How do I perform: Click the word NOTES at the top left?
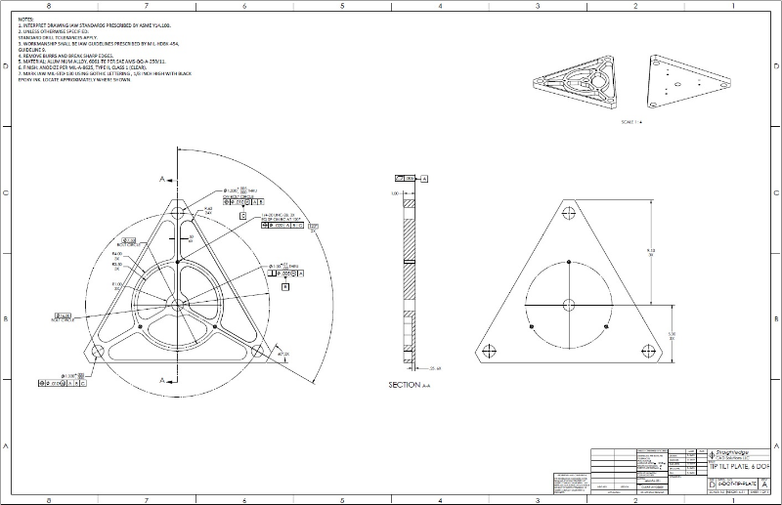[x=26, y=18]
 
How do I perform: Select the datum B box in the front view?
[x=284, y=288]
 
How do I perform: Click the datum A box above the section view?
[x=425, y=179]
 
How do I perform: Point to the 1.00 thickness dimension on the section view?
[x=396, y=193]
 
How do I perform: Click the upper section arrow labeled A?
[x=162, y=179]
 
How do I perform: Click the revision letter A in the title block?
[x=764, y=484]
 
